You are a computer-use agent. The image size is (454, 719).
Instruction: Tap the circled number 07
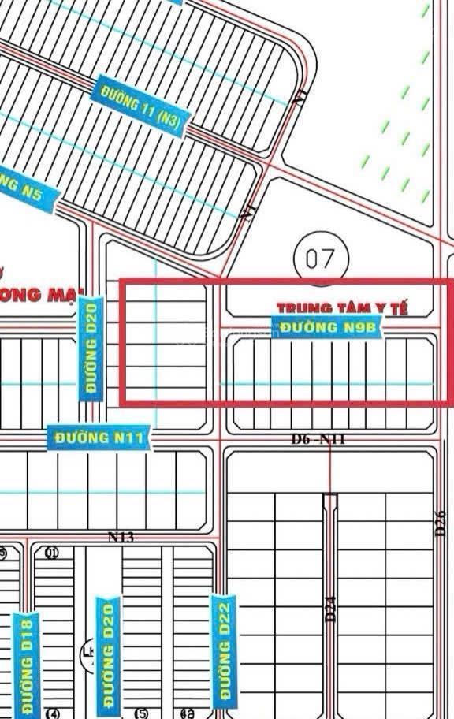click(320, 257)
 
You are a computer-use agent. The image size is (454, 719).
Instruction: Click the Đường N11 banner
click(99, 438)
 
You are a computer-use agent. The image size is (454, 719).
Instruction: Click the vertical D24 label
click(331, 609)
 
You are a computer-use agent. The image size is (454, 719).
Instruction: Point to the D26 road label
click(441, 524)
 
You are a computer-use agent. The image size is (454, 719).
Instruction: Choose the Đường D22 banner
click(225, 649)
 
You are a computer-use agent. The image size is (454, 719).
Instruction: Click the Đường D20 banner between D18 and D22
click(109, 653)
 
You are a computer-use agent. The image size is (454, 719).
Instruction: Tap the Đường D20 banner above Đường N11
click(91, 348)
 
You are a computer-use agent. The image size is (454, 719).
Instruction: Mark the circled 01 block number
click(52, 553)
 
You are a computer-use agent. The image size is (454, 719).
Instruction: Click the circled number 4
click(53, 714)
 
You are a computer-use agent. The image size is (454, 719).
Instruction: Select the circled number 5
click(142, 714)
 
